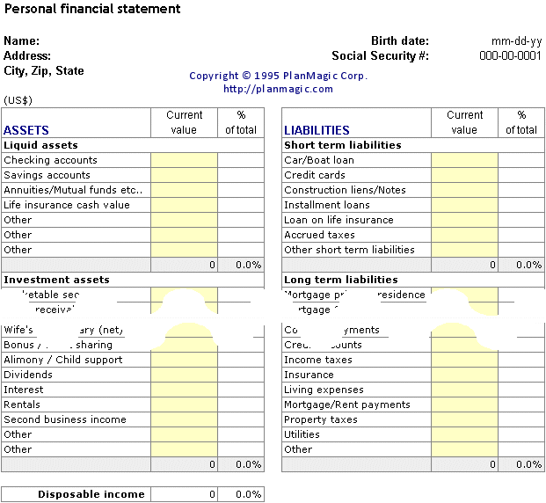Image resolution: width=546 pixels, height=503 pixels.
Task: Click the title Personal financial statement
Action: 92,9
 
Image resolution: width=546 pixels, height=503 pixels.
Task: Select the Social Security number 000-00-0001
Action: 510,55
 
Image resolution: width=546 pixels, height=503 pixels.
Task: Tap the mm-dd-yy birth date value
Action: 516,40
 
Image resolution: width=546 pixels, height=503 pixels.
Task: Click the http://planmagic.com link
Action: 278,89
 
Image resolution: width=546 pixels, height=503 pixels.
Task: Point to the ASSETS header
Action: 26,130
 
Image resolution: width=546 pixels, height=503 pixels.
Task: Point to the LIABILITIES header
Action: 317,130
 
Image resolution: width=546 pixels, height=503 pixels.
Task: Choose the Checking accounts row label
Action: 50,160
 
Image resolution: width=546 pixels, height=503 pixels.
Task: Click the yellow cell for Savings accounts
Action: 184,175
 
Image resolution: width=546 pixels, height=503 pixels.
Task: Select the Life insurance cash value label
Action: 66,205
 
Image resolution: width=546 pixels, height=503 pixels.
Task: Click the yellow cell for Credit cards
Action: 464,175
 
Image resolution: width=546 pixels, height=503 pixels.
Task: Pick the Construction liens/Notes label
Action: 345,190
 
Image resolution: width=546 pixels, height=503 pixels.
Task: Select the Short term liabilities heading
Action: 342,145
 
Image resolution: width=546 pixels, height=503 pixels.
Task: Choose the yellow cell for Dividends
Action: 184,375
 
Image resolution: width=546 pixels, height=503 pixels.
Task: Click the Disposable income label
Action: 91,494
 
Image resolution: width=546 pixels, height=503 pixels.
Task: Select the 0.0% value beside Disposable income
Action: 249,494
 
